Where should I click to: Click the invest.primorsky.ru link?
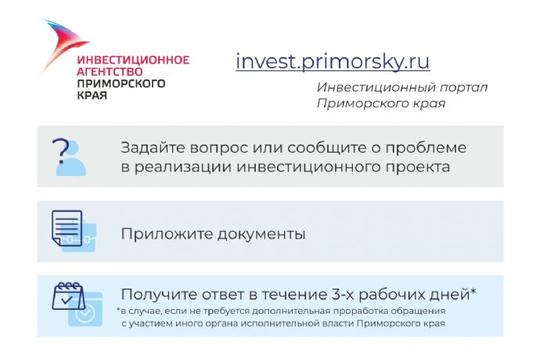point(333,61)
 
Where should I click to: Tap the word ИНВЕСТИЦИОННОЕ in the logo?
point(133,60)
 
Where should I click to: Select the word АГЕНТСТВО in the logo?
point(110,72)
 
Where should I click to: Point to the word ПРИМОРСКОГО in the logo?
point(121,84)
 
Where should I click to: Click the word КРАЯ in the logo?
point(92,95)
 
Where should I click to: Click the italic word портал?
point(463,88)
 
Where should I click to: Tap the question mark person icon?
point(70,157)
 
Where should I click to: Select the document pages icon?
point(74,231)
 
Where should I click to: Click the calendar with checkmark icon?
point(77,304)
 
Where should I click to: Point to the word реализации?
point(182,167)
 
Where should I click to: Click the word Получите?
point(159,295)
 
